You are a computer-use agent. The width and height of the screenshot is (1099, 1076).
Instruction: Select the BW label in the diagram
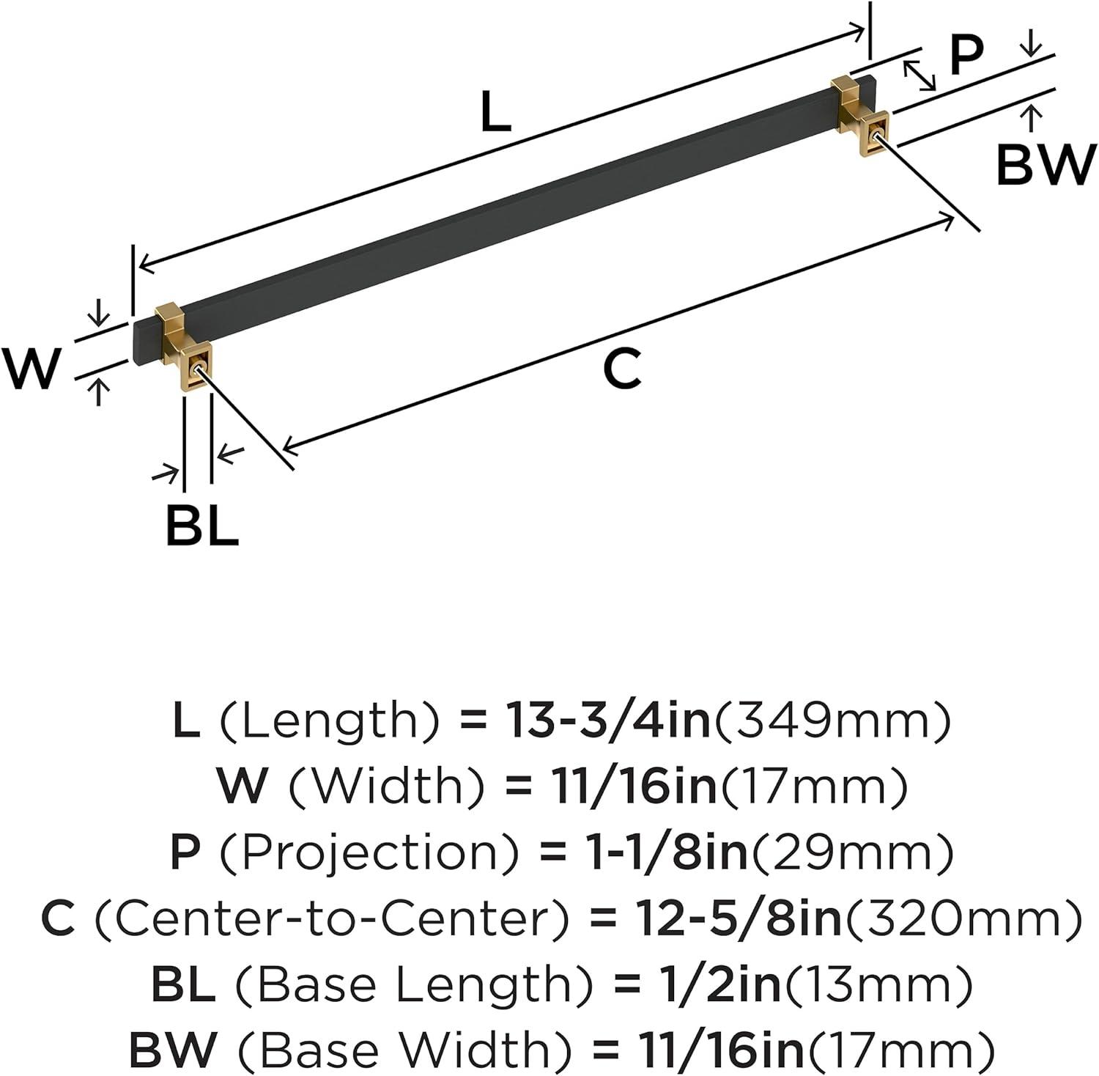(x=1045, y=166)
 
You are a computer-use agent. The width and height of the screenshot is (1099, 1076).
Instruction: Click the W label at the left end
(x=29, y=369)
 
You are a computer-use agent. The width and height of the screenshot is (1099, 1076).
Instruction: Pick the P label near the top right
(x=966, y=56)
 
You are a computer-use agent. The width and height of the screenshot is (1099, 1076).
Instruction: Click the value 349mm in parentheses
(x=832, y=721)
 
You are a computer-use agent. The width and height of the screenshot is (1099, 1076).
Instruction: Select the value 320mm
(x=963, y=918)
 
